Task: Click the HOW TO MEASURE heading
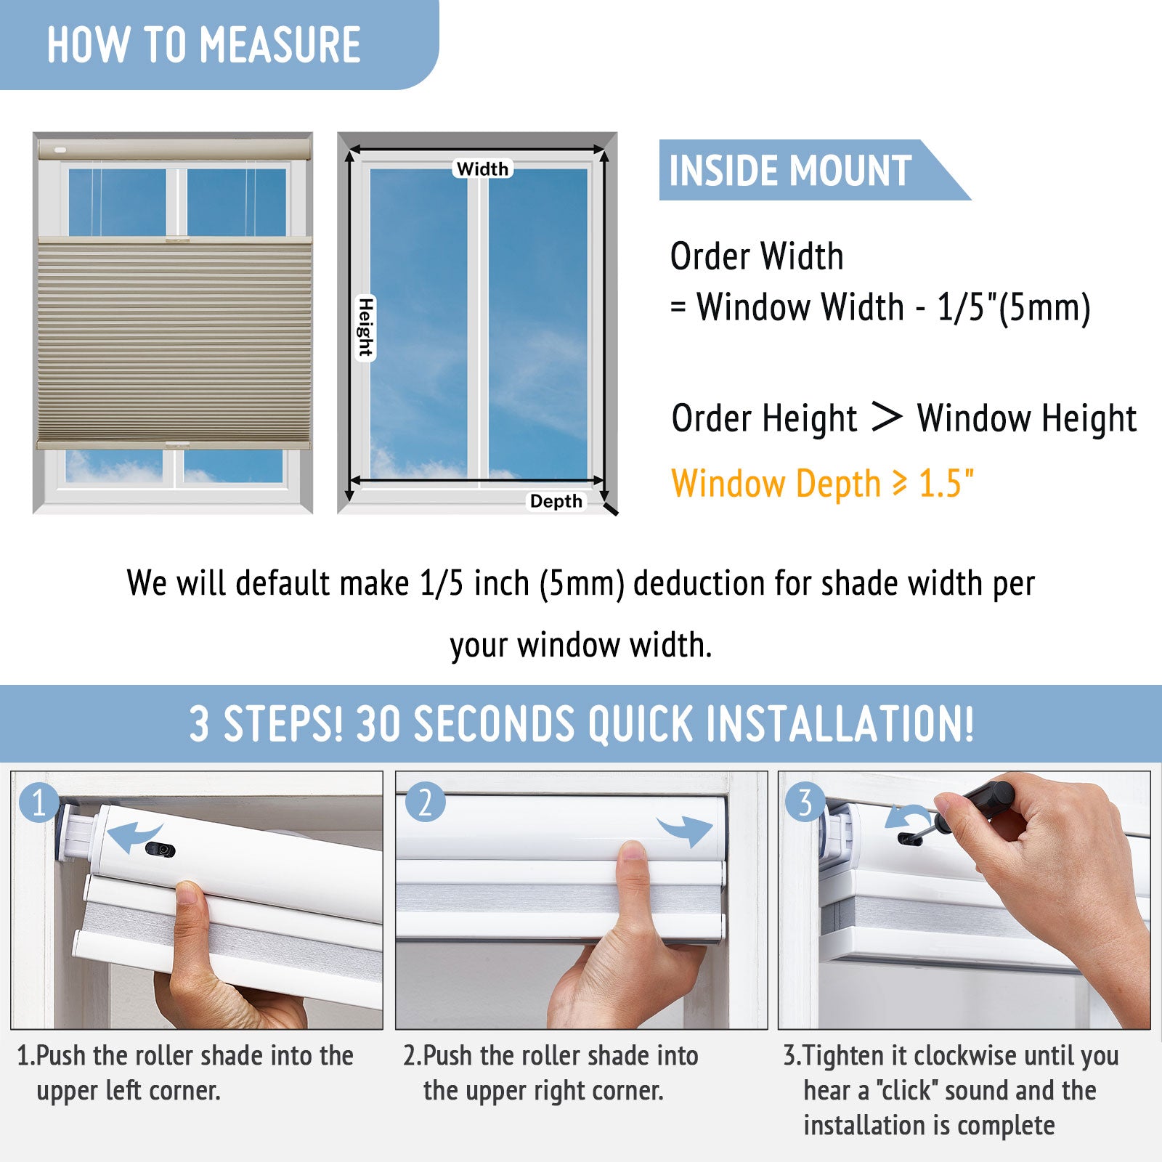204,45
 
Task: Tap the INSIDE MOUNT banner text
790,171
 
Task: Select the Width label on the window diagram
483,168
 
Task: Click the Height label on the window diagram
365,328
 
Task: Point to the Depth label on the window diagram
556,501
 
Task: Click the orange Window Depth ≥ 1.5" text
823,484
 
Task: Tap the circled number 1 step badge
39,803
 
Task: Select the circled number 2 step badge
425,803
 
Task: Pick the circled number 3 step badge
805,803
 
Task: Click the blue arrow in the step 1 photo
134,837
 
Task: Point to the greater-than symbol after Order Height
886,417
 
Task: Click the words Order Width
757,256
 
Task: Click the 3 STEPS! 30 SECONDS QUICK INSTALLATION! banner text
581,724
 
